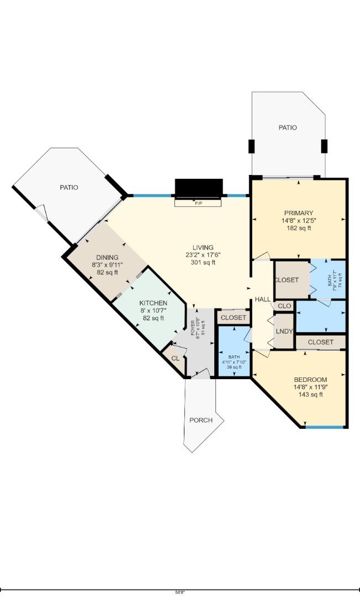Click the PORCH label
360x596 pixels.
tap(201, 420)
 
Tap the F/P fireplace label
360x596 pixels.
tap(198, 203)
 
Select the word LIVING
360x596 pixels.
tap(203, 247)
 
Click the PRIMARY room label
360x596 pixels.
tap(299, 213)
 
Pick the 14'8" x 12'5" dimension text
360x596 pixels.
tap(299, 221)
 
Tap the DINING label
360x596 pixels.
tap(107, 257)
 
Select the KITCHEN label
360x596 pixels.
tap(153, 303)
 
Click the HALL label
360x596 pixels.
tap(263, 299)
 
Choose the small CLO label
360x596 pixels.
tap(284, 306)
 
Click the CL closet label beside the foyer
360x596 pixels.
tap(175, 358)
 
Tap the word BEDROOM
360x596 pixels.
tap(310, 380)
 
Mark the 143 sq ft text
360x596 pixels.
tap(310, 395)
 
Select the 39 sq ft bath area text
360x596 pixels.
tap(234, 367)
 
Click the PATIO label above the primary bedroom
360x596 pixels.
tap(288, 127)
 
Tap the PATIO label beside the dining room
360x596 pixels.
tap(69, 188)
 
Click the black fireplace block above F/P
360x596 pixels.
tap(199, 188)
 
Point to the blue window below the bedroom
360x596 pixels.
tap(325, 427)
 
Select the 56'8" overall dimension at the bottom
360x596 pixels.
tap(180, 592)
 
